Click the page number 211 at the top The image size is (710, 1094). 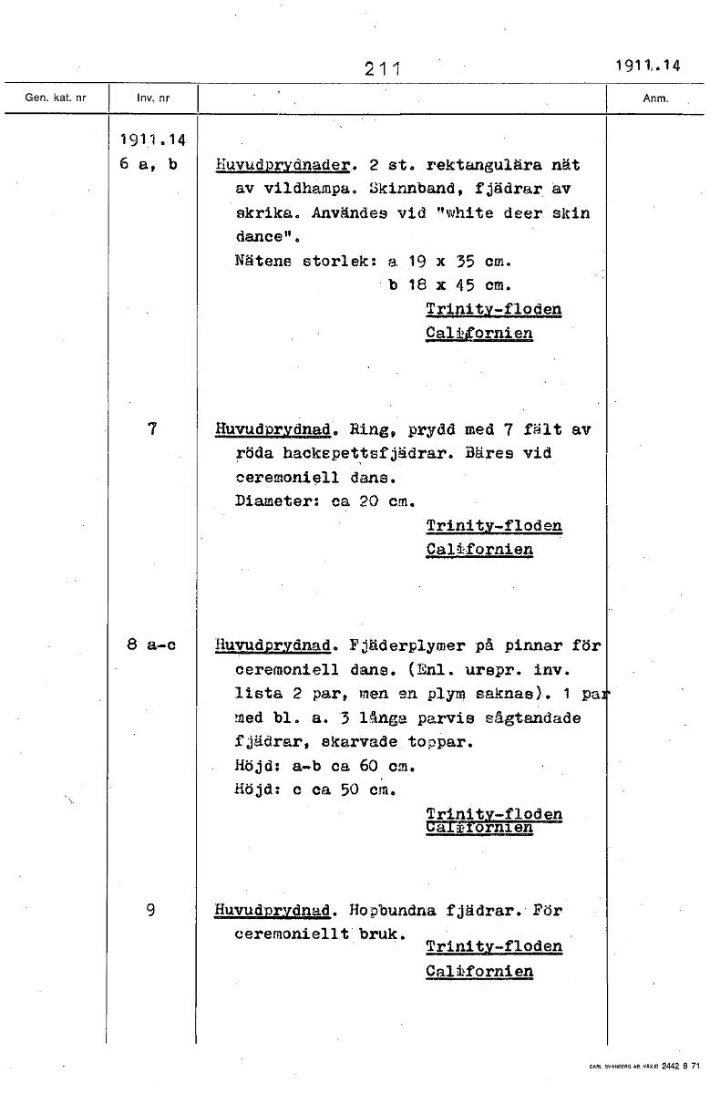[384, 67]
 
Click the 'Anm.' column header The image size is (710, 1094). [656, 98]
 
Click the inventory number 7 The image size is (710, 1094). [152, 428]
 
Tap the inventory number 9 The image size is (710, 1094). [151, 909]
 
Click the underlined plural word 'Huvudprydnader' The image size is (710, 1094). [283, 166]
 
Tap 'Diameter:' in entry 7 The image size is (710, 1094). [271, 501]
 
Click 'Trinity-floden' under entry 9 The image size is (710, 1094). [494, 946]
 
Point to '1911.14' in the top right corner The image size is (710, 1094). [648, 65]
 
